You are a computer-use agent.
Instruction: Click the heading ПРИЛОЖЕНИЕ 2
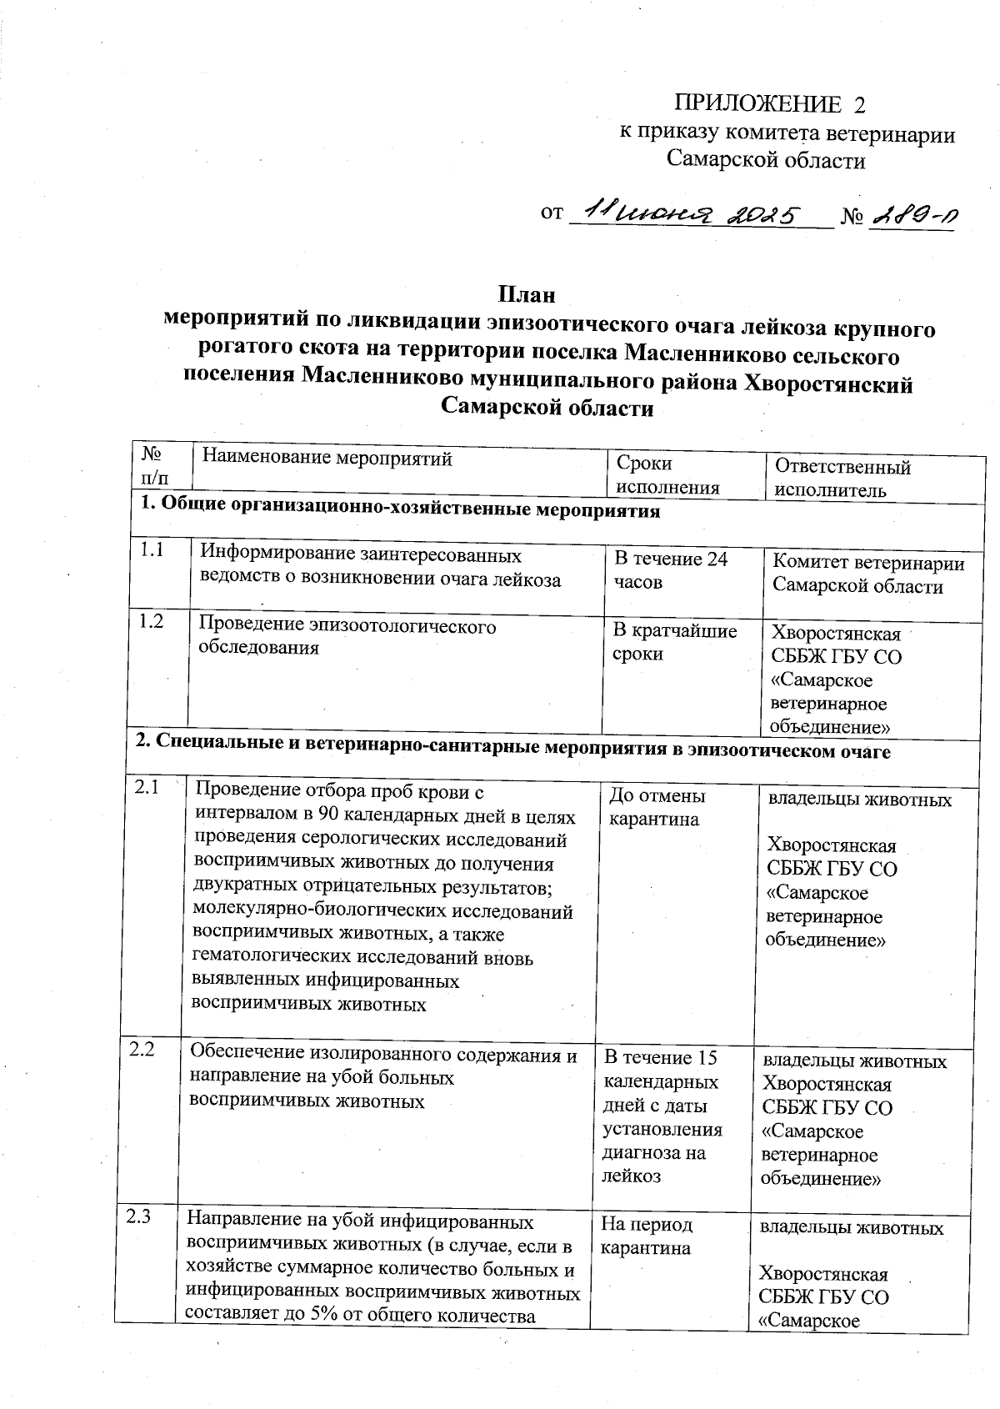point(769,105)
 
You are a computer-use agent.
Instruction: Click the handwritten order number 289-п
point(912,217)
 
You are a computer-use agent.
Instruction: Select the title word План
point(526,295)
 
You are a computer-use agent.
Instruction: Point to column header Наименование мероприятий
point(327,458)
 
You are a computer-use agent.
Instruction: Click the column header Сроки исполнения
point(667,475)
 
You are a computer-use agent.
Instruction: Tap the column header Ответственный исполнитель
point(842,478)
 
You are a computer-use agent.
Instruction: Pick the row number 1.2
point(151,621)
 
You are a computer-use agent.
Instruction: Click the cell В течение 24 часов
point(671,570)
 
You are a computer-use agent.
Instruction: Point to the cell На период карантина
point(647,1236)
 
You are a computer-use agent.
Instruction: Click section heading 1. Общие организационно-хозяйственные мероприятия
point(399,510)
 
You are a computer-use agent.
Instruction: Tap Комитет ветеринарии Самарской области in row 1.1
point(867,574)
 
